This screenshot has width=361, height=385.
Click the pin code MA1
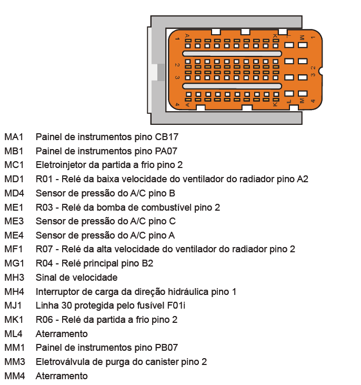click(14, 137)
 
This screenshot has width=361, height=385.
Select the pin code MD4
click(14, 193)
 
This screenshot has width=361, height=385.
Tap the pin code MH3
click(14, 278)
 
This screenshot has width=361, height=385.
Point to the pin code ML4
click(13, 334)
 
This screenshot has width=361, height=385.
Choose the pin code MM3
click(15, 362)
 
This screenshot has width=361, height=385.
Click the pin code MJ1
click(13, 305)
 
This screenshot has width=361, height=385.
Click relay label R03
click(44, 208)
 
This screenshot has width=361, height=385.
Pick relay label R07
click(44, 249)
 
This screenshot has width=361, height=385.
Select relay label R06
click(44, 320)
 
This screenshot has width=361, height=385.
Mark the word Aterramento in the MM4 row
click(62, 376)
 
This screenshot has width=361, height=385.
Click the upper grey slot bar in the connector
click(232, 54)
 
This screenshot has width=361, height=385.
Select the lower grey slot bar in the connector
click(232, 86)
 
